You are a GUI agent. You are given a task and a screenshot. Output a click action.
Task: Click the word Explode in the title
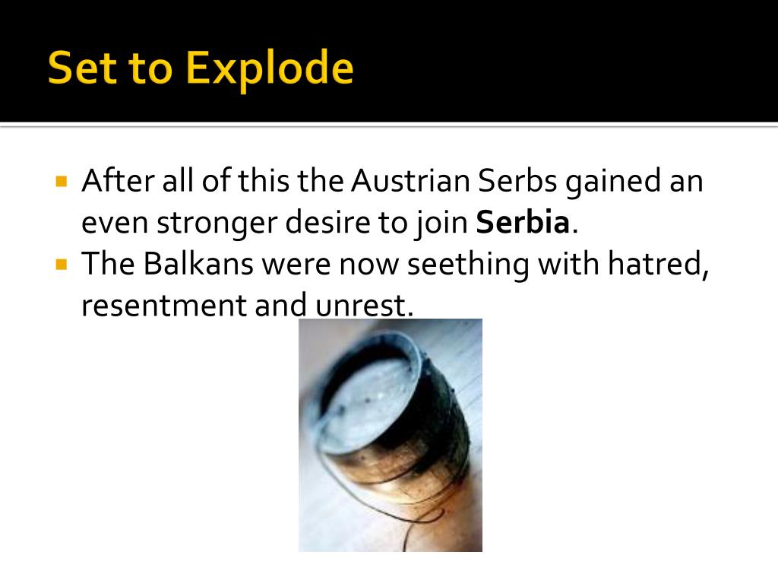point(270,69)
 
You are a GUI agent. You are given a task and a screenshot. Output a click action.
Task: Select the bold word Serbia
point(523,224)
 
